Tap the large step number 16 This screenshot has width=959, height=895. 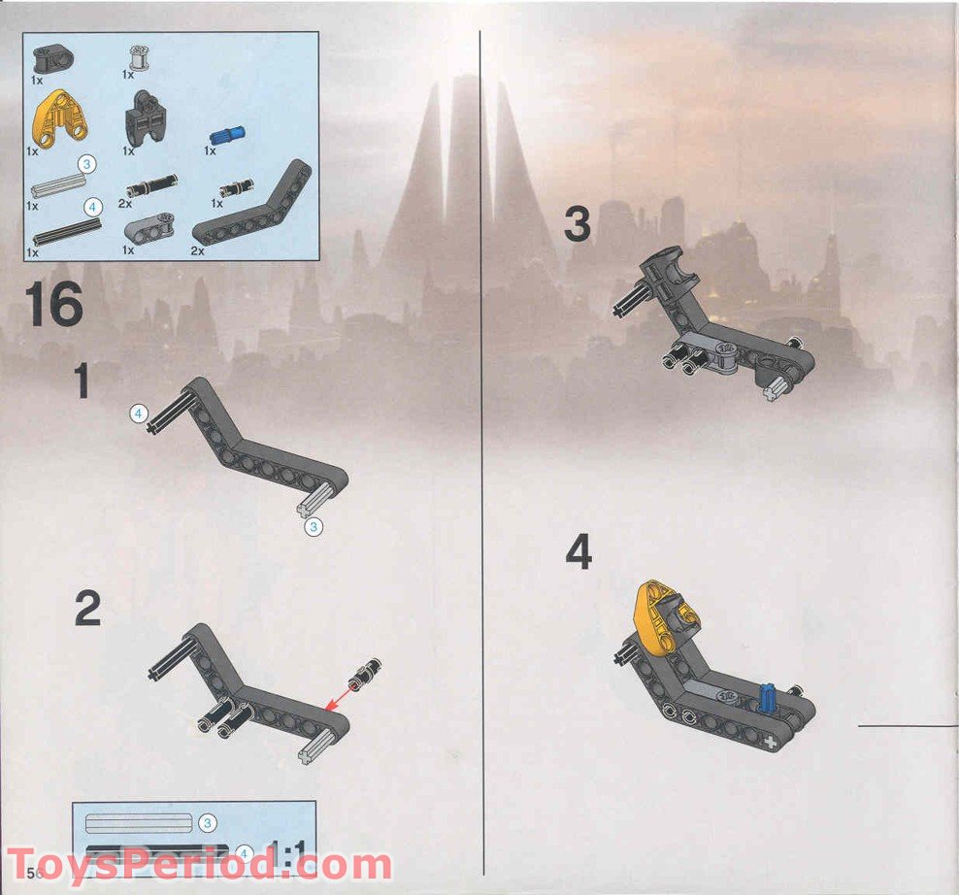point(55,303)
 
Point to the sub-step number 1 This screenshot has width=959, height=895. point(83,381)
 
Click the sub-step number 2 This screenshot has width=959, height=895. point(87,610)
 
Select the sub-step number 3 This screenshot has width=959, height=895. point(577,225)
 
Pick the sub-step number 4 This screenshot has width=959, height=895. point(579,553)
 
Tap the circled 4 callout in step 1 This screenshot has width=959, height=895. point(139,414)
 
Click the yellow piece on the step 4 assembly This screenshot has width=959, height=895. point(658,612)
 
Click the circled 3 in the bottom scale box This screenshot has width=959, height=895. point(206,823)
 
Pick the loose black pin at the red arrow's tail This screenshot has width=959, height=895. point(368,672)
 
